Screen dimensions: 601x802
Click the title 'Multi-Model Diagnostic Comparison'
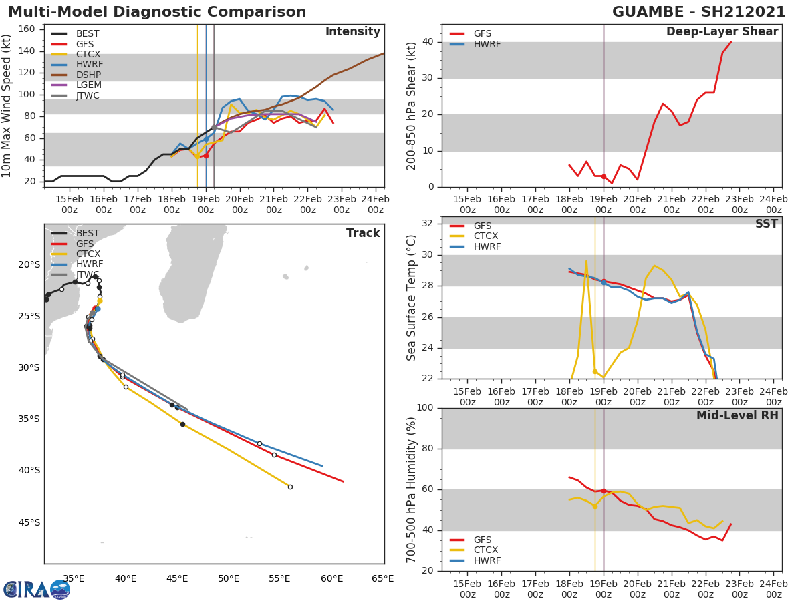(157, 12)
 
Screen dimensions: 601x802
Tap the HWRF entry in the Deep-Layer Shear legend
(487, 44)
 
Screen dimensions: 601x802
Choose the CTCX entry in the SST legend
(486, 236)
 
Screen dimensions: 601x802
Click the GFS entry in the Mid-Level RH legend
(483, 540)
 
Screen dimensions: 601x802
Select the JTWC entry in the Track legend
(88, 274)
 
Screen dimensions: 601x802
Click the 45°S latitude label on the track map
(28, 522)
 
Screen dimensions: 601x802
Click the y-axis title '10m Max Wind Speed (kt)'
(7, 106)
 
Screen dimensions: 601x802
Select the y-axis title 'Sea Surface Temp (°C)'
(412, 297)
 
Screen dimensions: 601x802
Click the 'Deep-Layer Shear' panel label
(722, 32)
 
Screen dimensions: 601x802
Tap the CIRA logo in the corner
(37, 589)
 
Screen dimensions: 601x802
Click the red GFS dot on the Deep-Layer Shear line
(604, 176)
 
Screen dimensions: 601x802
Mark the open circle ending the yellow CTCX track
(290, 487)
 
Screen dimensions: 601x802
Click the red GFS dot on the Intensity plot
(206, 156)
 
